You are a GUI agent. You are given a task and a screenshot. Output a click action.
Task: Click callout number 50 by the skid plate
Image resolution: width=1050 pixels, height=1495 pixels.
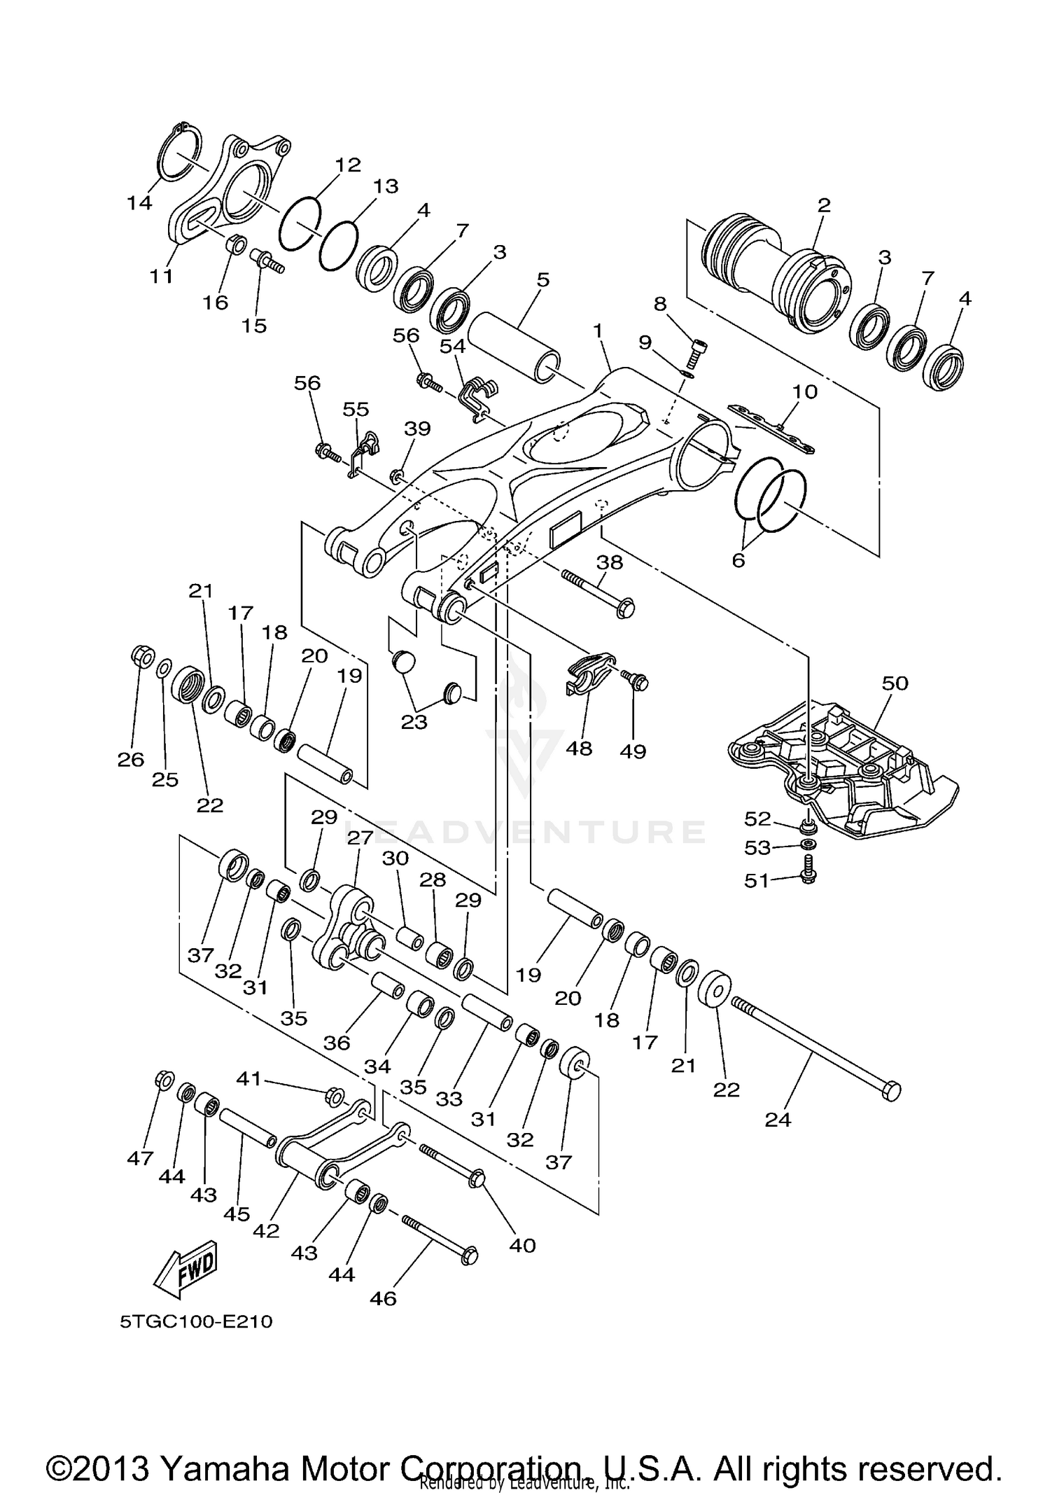pyautogui.click(x=895, y=683)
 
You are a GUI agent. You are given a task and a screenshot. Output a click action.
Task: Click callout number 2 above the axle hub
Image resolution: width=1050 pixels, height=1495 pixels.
pyautogui.click(x=824, y=205)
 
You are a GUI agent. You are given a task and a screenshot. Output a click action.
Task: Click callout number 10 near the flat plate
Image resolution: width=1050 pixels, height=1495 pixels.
pyautogui.click(x=804, y=391)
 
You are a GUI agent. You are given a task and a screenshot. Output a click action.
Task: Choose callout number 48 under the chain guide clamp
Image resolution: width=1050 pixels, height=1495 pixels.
pyautogui.click(x=579, y=749)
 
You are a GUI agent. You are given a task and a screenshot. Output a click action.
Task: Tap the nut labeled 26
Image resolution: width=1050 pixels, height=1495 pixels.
pyautogui.click(x=143, y=657)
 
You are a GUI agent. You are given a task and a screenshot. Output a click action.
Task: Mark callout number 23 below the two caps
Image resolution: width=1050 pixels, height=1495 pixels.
pyautogui.click(x=414, y=721)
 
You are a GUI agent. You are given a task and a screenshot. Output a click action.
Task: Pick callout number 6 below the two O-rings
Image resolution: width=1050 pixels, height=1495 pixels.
pyautogui.click(x=738, y=560)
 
